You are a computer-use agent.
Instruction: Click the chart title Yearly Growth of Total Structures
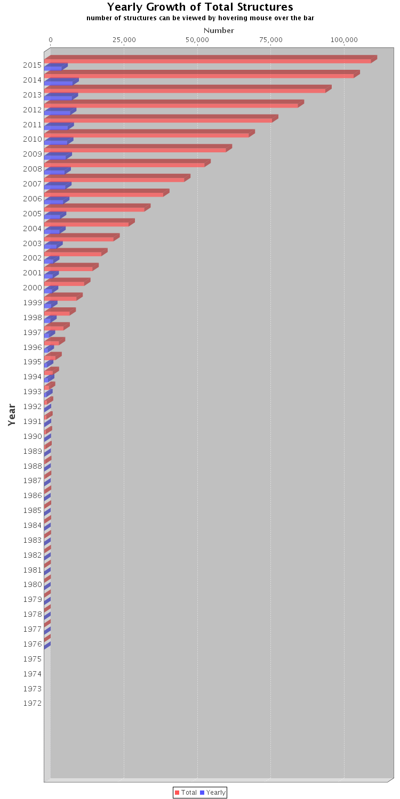click(200, 7)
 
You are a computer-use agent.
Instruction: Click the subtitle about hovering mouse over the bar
click(200, 18)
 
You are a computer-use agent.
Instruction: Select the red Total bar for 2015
click(208, 60)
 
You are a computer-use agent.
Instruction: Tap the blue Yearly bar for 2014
click(59, 83)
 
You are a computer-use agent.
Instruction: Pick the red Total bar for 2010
click(147, 134)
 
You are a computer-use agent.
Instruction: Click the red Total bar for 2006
click(104, 194)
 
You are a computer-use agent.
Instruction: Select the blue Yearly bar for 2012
click(58, 112)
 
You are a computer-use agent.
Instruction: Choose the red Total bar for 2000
click(65, 283)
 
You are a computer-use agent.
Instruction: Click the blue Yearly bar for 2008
click(55, 172)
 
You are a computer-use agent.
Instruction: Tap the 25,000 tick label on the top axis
click(124, 40)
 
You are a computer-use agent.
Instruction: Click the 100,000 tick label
click(344, 40)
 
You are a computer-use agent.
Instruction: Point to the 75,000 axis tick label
click(270, 40)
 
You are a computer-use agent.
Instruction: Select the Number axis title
click(219, 30)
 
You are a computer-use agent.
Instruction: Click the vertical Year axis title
click(12, 414)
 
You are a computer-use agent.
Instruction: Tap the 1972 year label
click(33, 703)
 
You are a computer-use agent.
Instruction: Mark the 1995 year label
click(33, 362)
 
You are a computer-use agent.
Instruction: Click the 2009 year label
click(33, 154)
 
